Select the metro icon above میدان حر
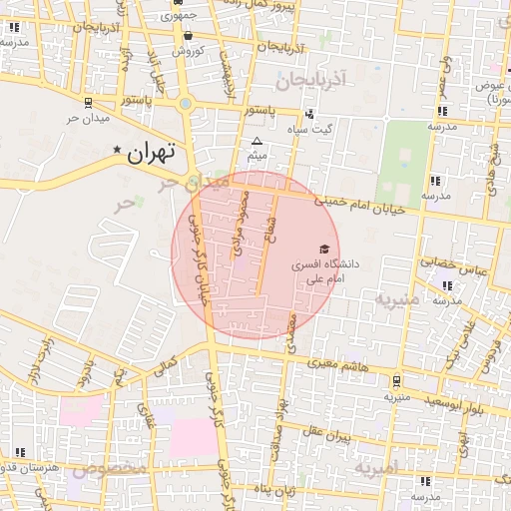90,102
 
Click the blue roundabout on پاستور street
186,103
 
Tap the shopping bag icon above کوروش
188,35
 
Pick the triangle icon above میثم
256,141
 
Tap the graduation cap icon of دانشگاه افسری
322,249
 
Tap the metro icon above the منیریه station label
396,381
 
